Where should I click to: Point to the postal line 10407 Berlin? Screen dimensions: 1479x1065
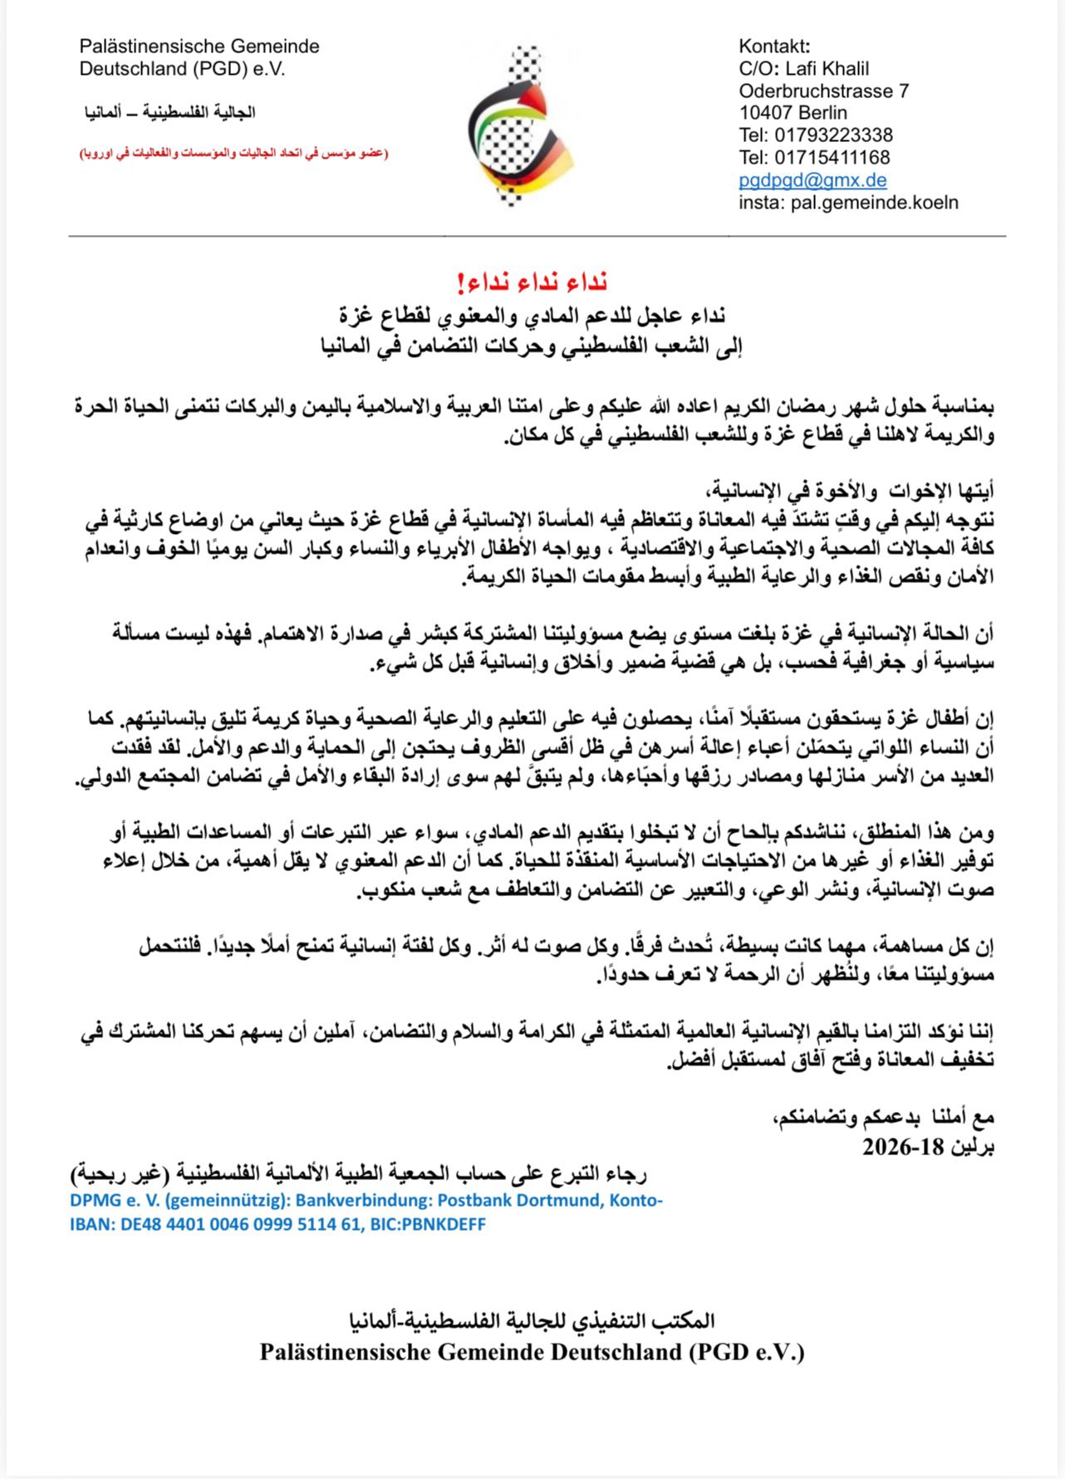[793, 113]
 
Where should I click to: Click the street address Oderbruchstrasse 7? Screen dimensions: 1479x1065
[823, 91]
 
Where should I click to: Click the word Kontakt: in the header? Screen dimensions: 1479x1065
[774, 47]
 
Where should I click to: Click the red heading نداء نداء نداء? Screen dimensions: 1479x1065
[532, 282]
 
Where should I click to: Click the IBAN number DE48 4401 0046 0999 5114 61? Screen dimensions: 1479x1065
[237, 1224]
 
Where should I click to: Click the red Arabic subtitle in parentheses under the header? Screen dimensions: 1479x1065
[234, 154]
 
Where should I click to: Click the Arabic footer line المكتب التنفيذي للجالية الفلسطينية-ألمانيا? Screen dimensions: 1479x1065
[532, 1320]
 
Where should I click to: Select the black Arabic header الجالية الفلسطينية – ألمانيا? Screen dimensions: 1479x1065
[169, 112]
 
